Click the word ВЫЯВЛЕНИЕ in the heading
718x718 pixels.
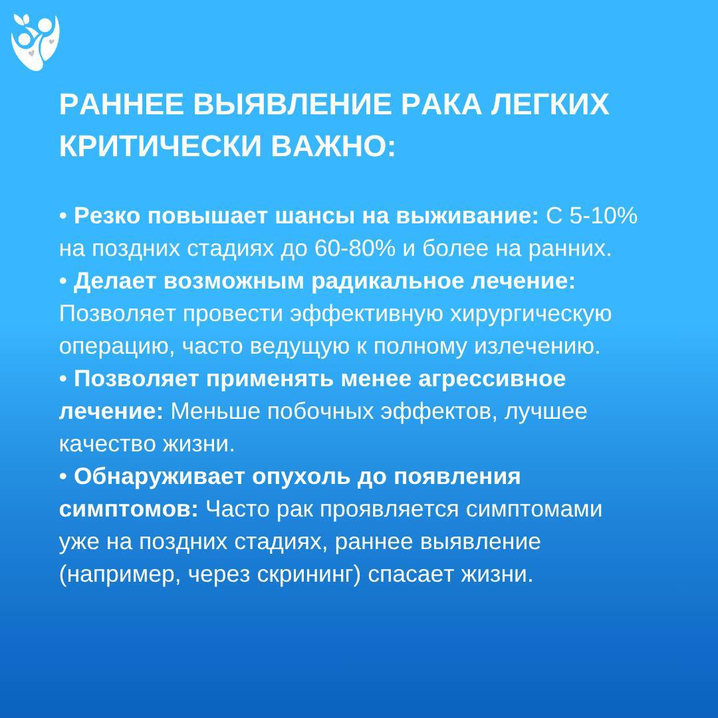[x=292, y=104]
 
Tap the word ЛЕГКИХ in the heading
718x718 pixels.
[x=550, y=104]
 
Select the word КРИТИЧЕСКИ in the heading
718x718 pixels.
[x=160, y=146]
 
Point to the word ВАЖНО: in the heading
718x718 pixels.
[x=333, y=146]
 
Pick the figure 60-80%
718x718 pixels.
[x=355, y=248]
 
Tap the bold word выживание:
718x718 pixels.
[x=467, y=215]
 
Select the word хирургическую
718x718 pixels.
[x=531, y=314]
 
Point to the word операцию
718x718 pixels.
[x=117, y=346]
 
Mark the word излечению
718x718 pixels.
[x=537, y=346]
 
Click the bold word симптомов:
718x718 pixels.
[x=129, y=509]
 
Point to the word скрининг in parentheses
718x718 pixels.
[x=308, y=574]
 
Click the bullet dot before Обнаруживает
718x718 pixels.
[x=63, y=477]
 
